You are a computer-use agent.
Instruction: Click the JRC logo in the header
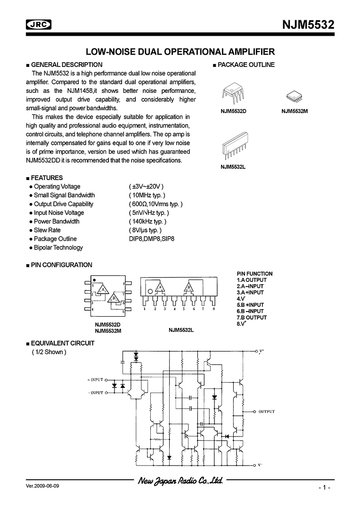(38, 25)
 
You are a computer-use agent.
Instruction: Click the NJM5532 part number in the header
(308, 25)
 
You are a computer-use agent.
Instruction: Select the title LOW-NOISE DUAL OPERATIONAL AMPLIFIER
(180, 52)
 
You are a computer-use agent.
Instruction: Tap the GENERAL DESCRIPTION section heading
(66, 65)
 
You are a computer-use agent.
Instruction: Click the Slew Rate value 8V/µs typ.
(145, 230)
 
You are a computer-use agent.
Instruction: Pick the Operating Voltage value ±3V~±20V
(146, 187)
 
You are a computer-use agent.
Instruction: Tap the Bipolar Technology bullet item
(58, 247)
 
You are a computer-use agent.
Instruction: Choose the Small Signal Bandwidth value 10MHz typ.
(147, 195)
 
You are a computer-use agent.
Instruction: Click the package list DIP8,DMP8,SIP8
(148, 239)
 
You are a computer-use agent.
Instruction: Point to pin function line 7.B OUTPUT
(252, 318)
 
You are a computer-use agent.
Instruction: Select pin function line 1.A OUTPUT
(252, 280)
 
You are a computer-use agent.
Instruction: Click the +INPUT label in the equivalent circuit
(95, 379)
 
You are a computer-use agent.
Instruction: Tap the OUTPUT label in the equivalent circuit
(266, 411)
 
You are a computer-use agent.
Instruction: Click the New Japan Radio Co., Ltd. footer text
(180, 481)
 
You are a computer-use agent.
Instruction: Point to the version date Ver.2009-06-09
(43, 485)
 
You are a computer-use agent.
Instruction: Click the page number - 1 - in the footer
(324, 487)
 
